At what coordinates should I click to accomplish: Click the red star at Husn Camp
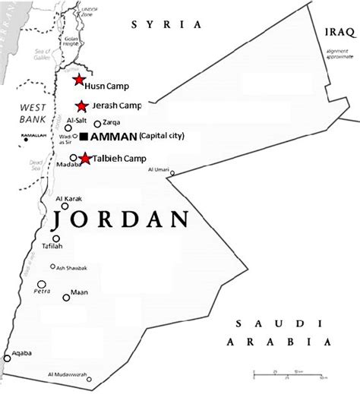click(78, 80)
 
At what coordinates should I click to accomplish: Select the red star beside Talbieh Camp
click(86, 159)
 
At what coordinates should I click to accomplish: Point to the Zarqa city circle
click(97, 124)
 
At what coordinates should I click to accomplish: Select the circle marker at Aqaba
click(7, 358)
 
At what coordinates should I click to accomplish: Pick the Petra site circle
click(39, 285)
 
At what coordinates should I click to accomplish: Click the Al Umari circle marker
click(172, 174)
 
